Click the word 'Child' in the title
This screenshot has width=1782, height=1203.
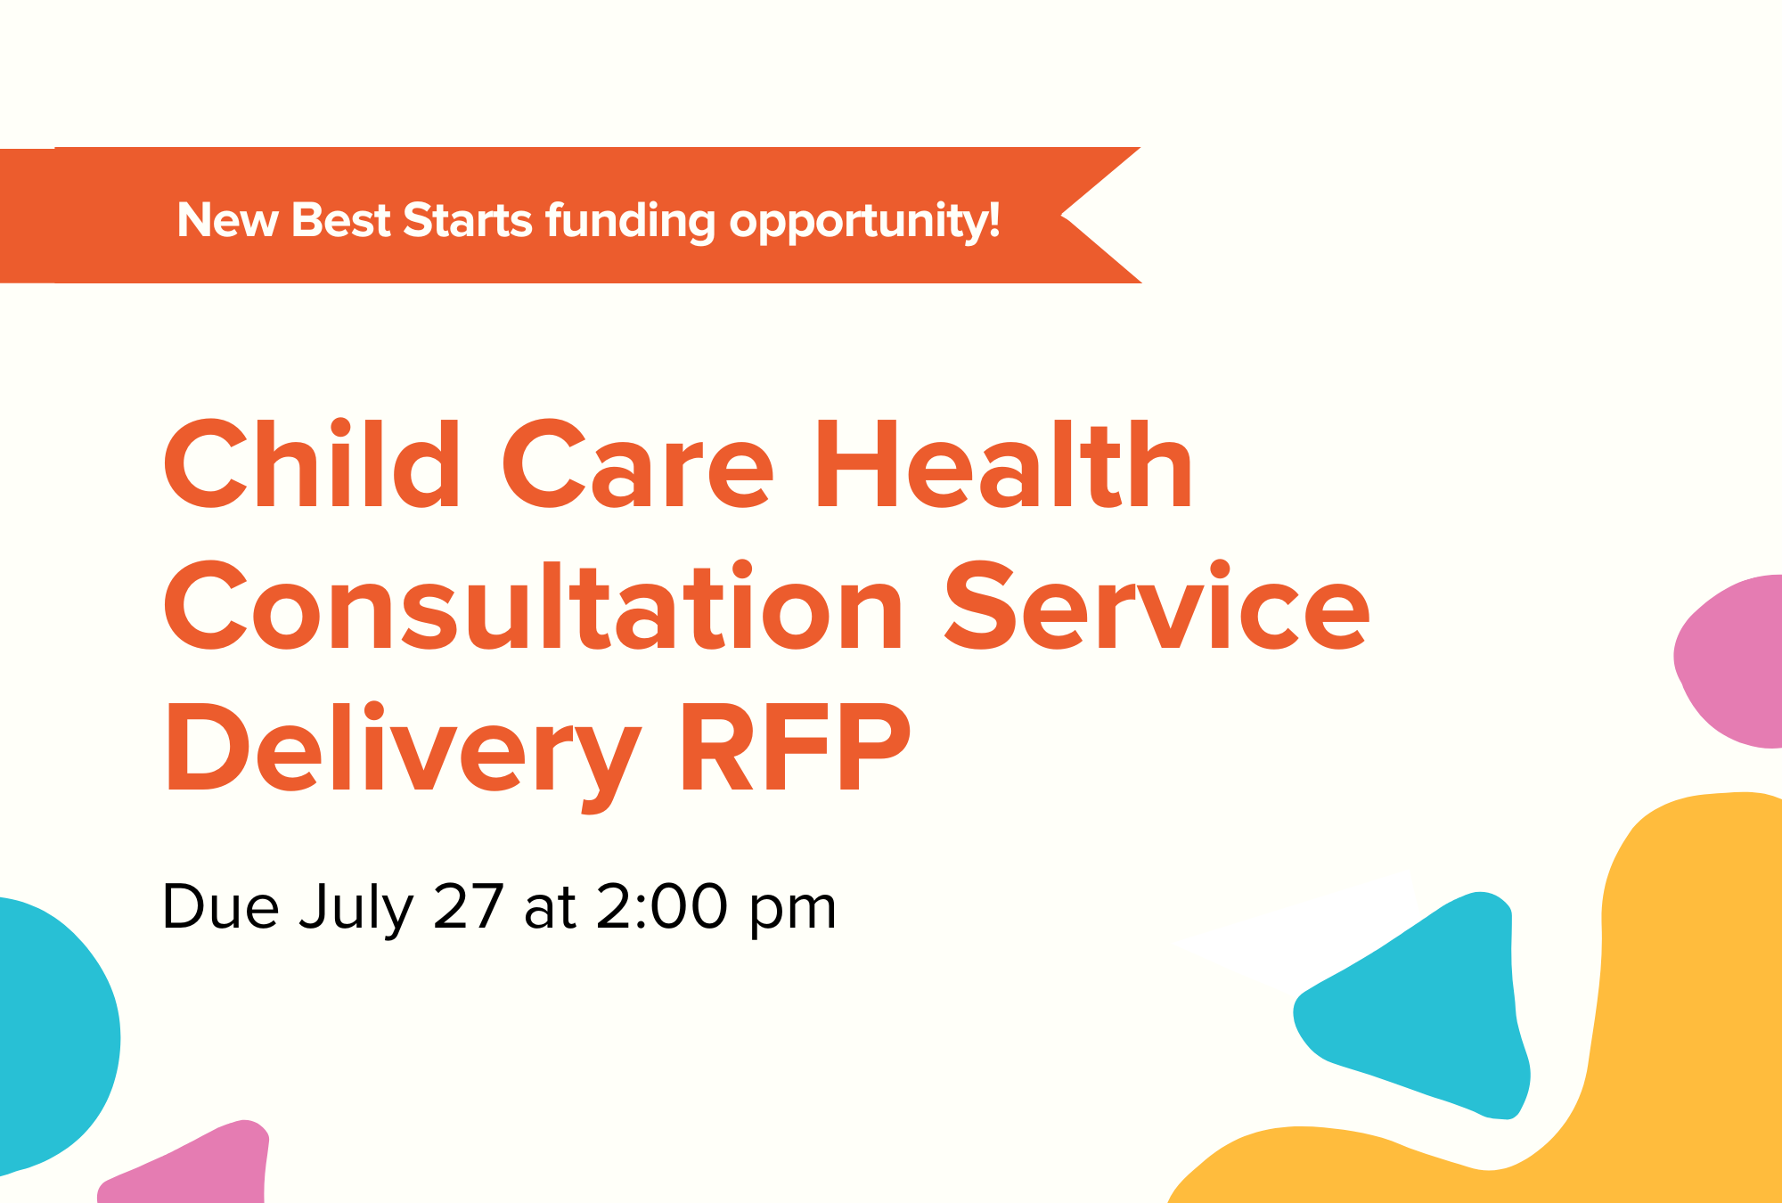click(x=312, y=464)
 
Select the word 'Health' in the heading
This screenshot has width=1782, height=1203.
click(x=1004, y=464)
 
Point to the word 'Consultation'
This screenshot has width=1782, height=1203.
click(x=534, y=607)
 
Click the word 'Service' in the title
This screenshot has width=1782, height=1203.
click(x=1157, y=607)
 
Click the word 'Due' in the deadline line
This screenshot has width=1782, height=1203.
click(x=221, y=907)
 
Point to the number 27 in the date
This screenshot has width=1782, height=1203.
click(x=469, y=907)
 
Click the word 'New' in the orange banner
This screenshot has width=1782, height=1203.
click(x=227, y=220)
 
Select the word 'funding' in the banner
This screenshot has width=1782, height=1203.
click(x=631, y=222)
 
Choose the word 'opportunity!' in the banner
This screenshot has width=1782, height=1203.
click(x=865, y=222)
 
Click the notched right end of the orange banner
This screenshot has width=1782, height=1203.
click(x=1062, y=215)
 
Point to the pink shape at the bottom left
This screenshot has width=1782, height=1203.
click(x=192, y=1163)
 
